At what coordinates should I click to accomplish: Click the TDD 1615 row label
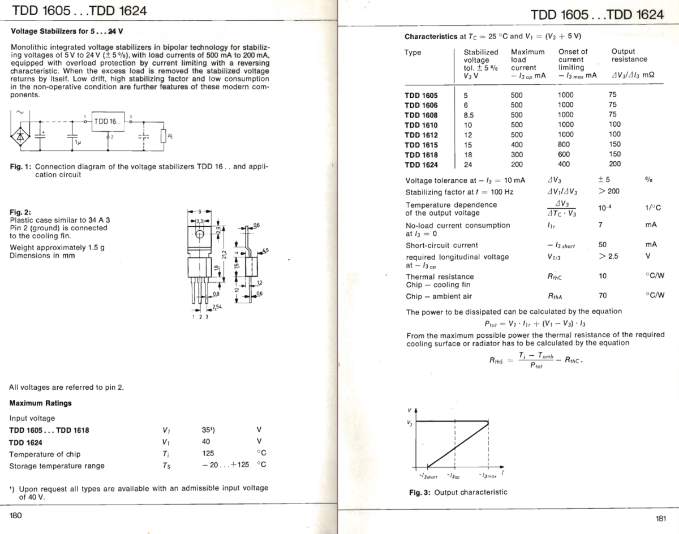[x=421, y=144]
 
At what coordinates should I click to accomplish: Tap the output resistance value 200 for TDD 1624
[x=614, y=164]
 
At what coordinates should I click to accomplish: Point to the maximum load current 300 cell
[x=517, y=154]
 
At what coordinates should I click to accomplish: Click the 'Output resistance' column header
[x=629, y=55]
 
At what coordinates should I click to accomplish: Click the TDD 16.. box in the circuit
[x=107, y=122]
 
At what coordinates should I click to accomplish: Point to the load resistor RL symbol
[x=164, y=137]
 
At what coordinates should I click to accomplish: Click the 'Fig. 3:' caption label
[x=419, y=492]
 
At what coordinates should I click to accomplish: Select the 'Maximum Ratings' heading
[x=40, y=403]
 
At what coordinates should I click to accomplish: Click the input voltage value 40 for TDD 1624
[x=207, y=441]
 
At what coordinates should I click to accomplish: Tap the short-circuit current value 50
[x=602, y=245]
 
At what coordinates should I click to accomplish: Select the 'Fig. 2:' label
[x=20, y=212]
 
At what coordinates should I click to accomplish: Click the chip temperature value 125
[x=208, y=454]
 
